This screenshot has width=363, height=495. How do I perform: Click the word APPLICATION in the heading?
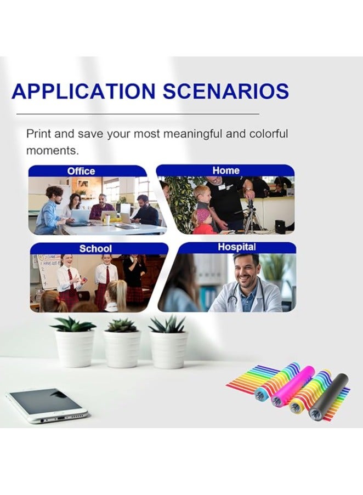pos(83,91)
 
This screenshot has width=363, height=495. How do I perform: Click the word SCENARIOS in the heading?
pos(226,91)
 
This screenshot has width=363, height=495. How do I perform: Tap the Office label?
pos(81,171)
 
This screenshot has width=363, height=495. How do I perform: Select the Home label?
pos(226,170)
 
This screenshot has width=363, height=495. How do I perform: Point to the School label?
pos(95,248)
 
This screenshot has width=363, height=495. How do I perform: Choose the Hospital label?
pos(237,247)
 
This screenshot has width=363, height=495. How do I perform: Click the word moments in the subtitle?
pos(52,151)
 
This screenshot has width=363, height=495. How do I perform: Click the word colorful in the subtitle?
pos(269,134)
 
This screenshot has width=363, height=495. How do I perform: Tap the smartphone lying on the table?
pos(47,405)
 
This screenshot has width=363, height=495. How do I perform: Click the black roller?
pos(328,396)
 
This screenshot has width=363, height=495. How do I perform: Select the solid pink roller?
pos(293,386)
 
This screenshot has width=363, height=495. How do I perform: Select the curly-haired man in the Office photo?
pos(50,208)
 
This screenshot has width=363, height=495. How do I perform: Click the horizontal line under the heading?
pos(138,113)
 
